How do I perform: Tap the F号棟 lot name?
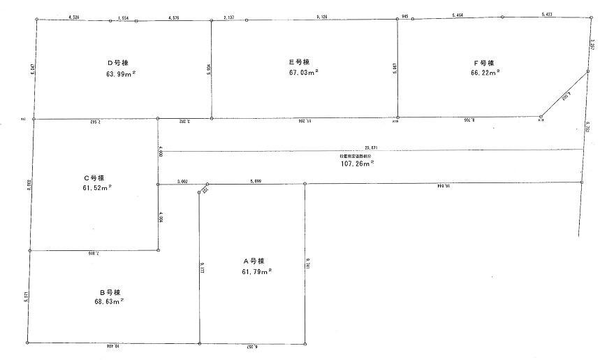pos(484,63)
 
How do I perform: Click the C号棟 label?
pos(93,178)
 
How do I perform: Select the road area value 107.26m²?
pos(357,163)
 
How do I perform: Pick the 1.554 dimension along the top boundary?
pos(124,16)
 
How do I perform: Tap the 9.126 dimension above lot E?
pos(322,15)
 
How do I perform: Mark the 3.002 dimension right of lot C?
pos(184,180)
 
